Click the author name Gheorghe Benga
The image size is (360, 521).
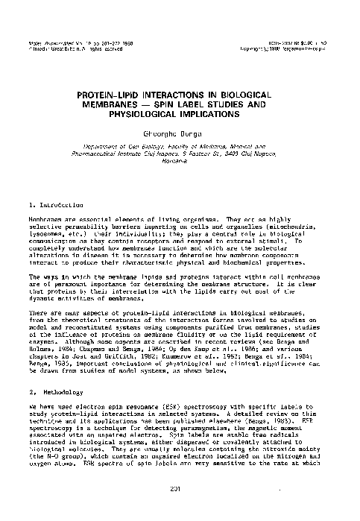(180, 133)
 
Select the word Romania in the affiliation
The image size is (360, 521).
(180, 171)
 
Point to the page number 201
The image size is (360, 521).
(180, 509)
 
